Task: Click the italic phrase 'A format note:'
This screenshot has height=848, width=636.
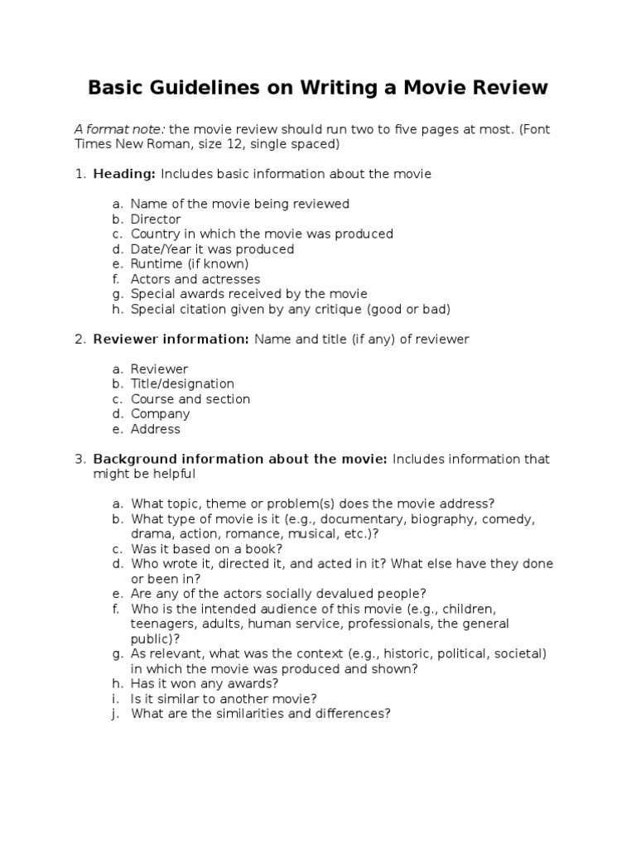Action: pyautogui.click(x=119, y=129)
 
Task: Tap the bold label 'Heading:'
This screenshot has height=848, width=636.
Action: pyautogui.click(x=124, y=174)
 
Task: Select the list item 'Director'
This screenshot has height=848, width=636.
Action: pyautogui.click(x=156, y=219)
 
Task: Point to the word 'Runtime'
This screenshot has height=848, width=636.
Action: pyautogui.click(x=156, y=264)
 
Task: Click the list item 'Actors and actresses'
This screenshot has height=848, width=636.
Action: pyautogui.click(x=195, y=279)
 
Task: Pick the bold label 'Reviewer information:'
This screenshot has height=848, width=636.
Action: pyautogui.click(x=171, y=339)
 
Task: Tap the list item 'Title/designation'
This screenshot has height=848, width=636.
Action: pyautogui.click(x=182, y=383)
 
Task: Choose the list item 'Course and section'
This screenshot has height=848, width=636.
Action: pyautogui.click(x=190, y=398)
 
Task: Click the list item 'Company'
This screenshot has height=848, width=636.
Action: pyautogui.click(x=161, y=413)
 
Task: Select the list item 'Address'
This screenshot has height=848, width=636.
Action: pyautogui.click(x=156, y=429)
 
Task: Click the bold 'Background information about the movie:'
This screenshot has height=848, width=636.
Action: pyautogui.click(x=240, y=459)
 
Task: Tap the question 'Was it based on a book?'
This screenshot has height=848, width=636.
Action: pyautogui.click(x=207, y=548)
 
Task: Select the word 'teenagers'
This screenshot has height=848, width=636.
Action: pyautogui.click(x=161, y=624)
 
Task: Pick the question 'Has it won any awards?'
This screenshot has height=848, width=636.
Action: pyautogui.click(x=205, y=683)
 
